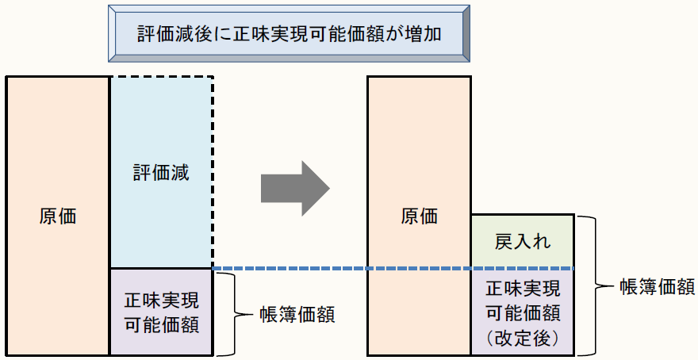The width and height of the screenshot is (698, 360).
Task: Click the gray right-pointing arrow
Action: [294, 189]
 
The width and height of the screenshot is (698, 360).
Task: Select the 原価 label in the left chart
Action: [58, 216]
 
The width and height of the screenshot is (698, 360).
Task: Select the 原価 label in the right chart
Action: [419, 216]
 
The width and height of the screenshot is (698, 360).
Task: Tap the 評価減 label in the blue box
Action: [161, 174]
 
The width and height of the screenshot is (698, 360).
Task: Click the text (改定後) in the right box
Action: [521, 338]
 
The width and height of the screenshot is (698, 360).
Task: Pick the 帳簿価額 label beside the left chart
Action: [297, 314]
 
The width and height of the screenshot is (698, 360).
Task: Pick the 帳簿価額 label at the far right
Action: [658, 285]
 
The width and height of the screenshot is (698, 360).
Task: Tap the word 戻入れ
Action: [521, 239]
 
